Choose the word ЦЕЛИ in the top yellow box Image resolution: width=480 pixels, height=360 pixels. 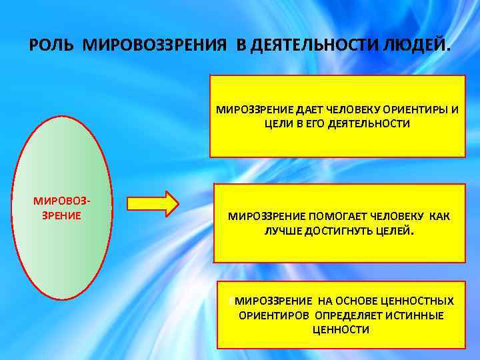tap(277, 124)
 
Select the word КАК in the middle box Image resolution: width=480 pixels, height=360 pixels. tap(439, 217)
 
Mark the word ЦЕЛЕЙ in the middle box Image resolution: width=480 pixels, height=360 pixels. tap(395, 231)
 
